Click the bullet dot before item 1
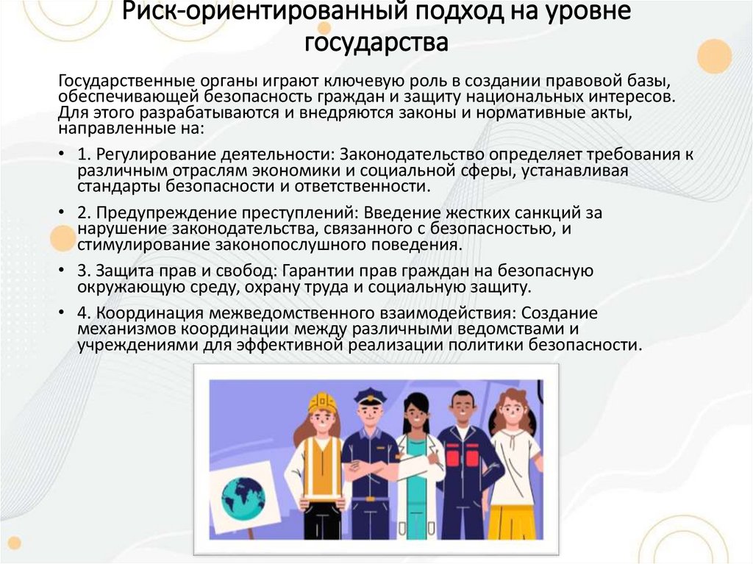(x=60, y=155)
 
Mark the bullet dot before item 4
(x=60, y=312)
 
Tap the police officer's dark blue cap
(x=369, y=396)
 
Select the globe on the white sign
(x=243, y=496)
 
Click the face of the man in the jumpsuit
(x=462, y=410)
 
